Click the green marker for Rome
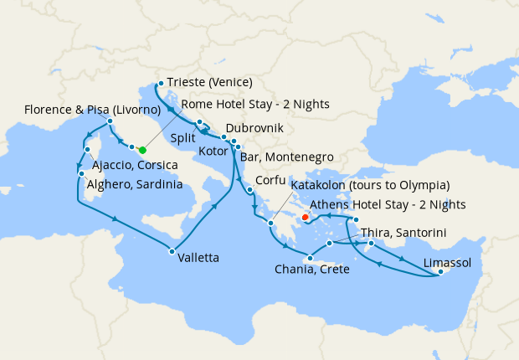[x=142, y=151]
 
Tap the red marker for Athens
[x=305, y=217]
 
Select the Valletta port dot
[x=172, y=252]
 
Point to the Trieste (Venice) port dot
[x=160, y=83]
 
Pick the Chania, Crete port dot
[x=310, y=259]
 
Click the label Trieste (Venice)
[x=209, y=83]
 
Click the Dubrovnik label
[x=254, y=129]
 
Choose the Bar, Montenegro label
[x=287, y=157]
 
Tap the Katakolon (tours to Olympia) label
[x=369, y=185]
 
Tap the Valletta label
[x=198, y=258]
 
